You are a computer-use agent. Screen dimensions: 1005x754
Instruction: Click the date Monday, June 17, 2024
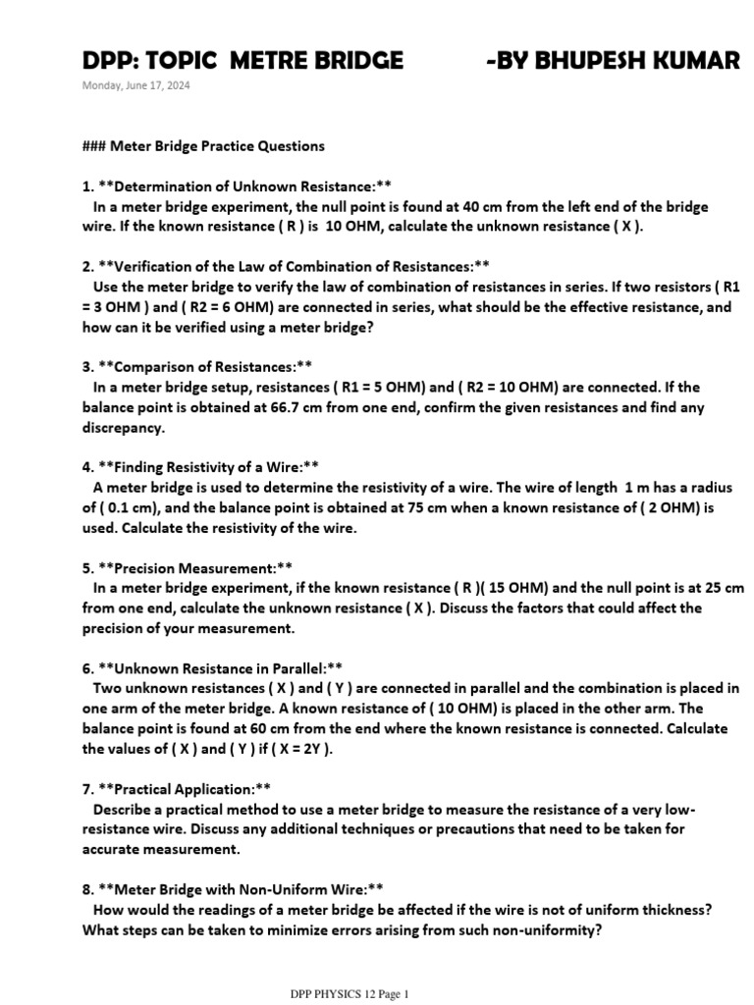(x=136, y=85)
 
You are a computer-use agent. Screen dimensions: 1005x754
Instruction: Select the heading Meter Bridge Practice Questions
(x=217, y=146)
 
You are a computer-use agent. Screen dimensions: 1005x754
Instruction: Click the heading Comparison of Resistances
(x=206, y=366)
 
